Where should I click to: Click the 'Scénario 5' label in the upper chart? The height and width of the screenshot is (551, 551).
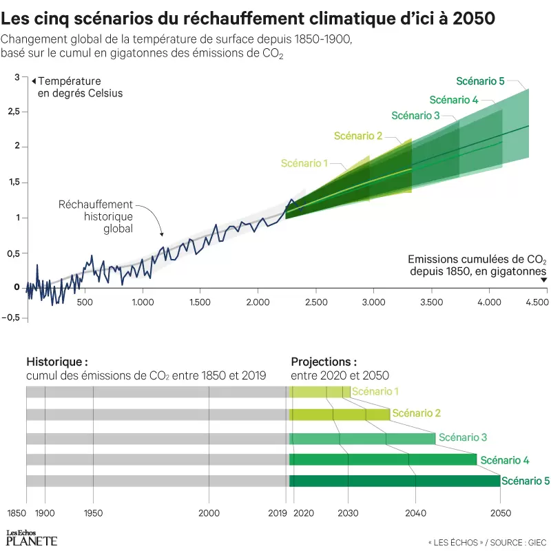tap(480, 81)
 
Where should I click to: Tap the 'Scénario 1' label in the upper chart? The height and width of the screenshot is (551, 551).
tap(304, 163)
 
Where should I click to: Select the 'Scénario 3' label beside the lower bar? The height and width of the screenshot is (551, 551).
tap(463, 437)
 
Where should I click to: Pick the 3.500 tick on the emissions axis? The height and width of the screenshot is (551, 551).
tap(430, 302)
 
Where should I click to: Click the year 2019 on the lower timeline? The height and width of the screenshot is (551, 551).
tap(278, 514)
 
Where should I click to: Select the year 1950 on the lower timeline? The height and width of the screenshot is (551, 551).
tap(93, 514)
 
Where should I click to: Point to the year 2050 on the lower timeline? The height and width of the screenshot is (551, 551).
tap(500, 514)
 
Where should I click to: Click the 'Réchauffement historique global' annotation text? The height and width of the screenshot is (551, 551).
tap(95, 216)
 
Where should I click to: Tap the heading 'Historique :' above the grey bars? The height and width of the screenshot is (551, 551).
tap(57, 362)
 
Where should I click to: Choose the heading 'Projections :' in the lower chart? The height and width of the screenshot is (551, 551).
tap(324, 362)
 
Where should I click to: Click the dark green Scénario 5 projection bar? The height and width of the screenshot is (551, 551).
tap(394, 481)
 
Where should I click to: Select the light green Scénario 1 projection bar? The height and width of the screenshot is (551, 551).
tap(320, 392)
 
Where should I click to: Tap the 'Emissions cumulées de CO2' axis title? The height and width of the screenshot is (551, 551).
tap(477, 260)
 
